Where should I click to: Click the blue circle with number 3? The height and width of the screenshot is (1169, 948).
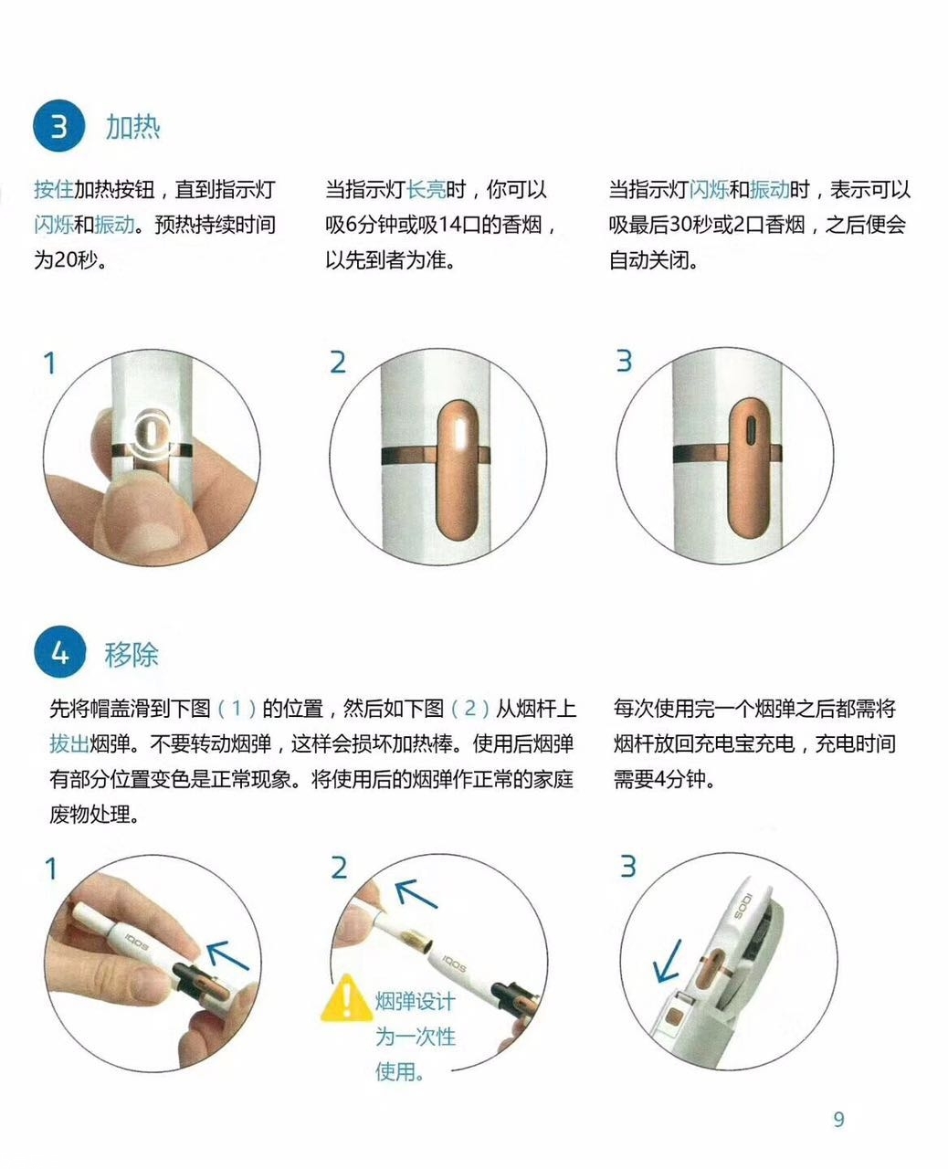(58, 126)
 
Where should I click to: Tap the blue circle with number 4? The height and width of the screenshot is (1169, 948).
(58, 654)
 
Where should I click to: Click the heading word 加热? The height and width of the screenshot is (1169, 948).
(132, 126)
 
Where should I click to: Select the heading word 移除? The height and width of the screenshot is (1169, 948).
(132, 654)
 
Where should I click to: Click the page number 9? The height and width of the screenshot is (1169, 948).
(838, 1119)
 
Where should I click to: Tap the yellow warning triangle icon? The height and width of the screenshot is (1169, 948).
(347, 997)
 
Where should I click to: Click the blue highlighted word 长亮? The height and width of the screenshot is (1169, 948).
(426, 190)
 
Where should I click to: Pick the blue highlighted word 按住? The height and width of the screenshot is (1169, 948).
(53, 190)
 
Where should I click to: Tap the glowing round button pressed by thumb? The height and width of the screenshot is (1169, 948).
(152, 430)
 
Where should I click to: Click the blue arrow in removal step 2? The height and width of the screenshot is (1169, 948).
(416, 893)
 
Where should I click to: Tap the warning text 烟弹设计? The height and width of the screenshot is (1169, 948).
(415, 1002)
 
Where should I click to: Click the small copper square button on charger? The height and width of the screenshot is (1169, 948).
(677, 1015)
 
